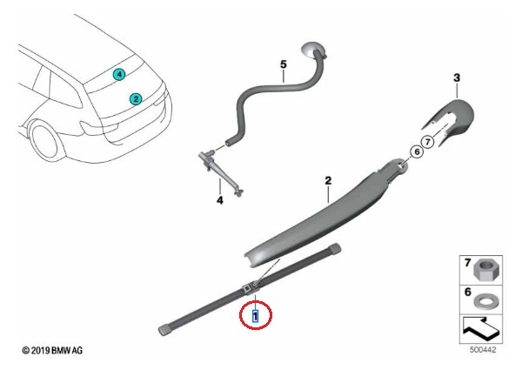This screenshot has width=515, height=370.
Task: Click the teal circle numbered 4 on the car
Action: pyautogui.click(x=119, y=75)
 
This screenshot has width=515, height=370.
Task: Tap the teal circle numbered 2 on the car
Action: pyautogui.click(x=136, y=99)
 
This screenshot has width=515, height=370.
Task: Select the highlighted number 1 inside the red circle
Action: pyautogui.click(x=255, y=316)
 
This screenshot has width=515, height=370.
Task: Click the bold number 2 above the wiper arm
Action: pyautogui.click(x=328, y=180)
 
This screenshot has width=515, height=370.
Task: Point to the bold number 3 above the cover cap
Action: pyautogui.click(x=457, y=78)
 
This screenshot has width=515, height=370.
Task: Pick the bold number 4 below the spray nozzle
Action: pyautogui.click(x=220, y=199)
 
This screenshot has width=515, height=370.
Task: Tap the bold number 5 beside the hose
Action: pyautogui.click(x=284, y=64)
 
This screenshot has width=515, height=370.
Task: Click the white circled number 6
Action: pyautogui.click(x=417, y=151)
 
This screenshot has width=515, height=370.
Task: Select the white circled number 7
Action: pyautogui.click(x=427, y=142)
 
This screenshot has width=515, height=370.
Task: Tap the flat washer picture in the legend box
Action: pyautogui.click(x=485, y=300)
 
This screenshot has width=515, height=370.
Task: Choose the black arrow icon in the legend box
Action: pyautogui.click(x=481, y=328)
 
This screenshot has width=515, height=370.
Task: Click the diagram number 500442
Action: pyautogui.click(x=483, y=350)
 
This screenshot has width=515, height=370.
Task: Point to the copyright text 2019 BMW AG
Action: pyautogui.click(x=52, y=351)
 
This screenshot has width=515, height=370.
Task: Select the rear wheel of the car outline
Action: pyautogui.click(x=46, y=142)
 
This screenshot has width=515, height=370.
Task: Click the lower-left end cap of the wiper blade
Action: pyautogui.click(x=164, y=330)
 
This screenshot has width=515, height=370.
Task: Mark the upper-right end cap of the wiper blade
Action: pyautogui.click(x=334, y=248)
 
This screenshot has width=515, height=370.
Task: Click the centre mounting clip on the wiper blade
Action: pyautogui.click(x=251, y=287)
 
